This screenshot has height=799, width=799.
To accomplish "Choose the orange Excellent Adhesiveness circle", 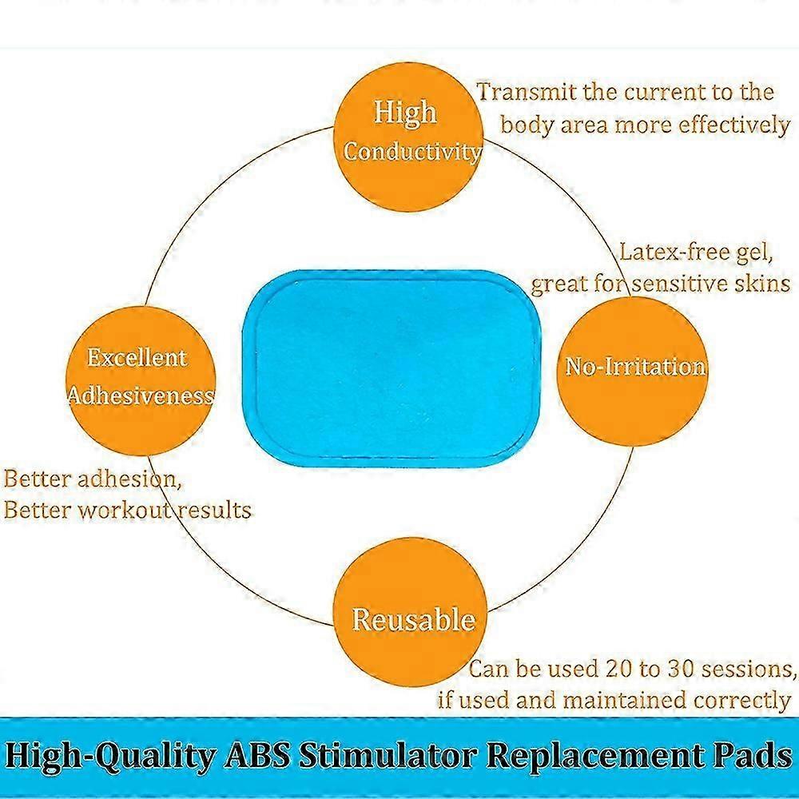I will [140, 376].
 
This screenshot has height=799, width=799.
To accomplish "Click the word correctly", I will [741, 701].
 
